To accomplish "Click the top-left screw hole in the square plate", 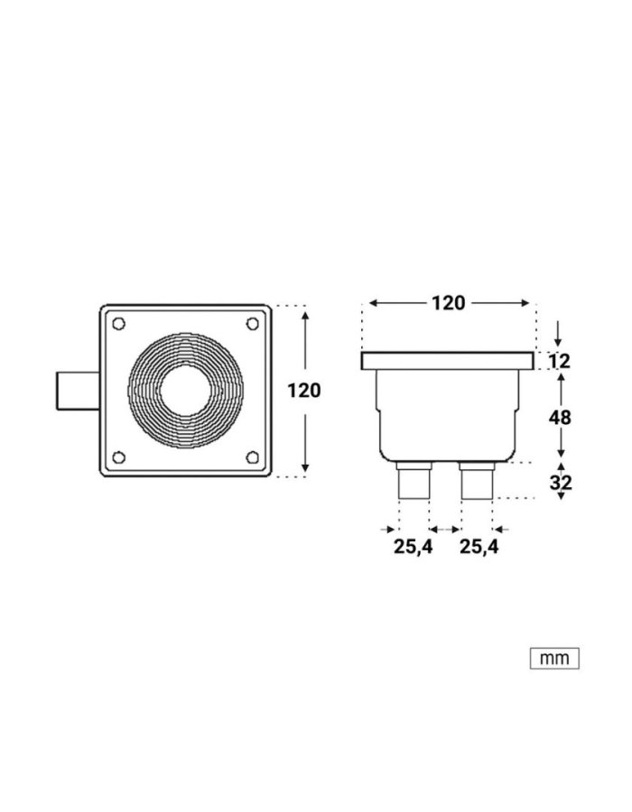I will (x=118, y=323).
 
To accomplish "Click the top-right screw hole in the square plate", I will (x=252, y=323).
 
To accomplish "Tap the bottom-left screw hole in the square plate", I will (x=118, y=457).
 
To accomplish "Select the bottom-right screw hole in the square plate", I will (x=252, y=457).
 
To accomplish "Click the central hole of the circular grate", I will (x=185, y=390).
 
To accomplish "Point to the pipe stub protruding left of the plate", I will (x=76, y=390).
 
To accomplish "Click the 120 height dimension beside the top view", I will (x=303, y=391).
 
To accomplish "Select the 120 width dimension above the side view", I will (x=448, y=303).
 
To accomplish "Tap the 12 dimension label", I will (x=560, y=363).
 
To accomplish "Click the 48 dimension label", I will (x=560, y=417).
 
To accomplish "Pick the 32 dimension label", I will (x=560, y=483).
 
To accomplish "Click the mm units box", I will (x=553, y=659).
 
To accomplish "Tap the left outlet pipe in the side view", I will (x=414, y=482).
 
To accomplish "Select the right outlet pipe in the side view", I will (x=477, y=482).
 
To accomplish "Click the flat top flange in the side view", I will (x=448, y=362).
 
